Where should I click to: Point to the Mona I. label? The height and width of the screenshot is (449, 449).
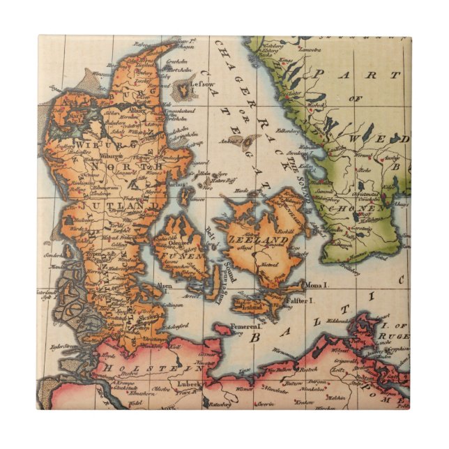pos(317,285)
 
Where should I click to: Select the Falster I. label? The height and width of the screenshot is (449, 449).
pos(301,300)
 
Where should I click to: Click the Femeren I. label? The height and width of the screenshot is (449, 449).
pos(245,324)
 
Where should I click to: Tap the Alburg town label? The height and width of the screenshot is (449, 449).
pos(138,110)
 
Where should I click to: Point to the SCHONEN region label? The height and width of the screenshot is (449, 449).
pos(360,207)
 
